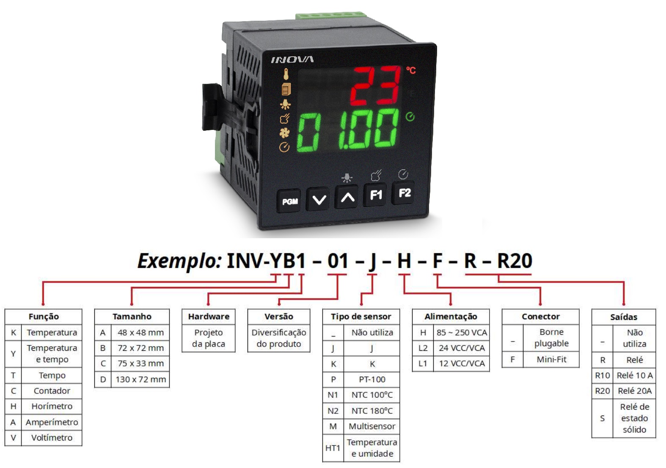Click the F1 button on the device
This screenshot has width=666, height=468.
[x=375, y=195]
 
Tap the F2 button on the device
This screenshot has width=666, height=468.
[x=404, y=193]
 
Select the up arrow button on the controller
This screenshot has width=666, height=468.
[x=347, y=197]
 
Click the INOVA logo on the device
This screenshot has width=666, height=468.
[x=292, y=60]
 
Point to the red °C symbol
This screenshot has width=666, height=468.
[x=411, y=70]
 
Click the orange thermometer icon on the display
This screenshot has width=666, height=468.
[x=286, y=74]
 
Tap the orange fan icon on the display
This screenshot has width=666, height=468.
[x=284, y=133]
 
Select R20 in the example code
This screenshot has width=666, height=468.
[x=515, y=261]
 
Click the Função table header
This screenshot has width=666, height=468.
[x=44, y=317]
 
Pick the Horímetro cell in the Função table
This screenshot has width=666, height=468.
[x=52, y=406]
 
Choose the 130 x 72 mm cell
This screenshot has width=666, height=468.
[x=140, y=380]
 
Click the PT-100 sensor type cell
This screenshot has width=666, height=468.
[x=372, y=380]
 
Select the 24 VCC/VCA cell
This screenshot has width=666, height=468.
[x=462, y=348]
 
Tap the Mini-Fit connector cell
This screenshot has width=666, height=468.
[x=551, y=360]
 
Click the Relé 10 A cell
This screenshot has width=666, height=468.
[x=635, y=375]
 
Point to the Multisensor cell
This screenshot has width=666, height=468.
[x=372, y=427]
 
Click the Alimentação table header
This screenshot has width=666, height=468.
[x=451, y=317]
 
